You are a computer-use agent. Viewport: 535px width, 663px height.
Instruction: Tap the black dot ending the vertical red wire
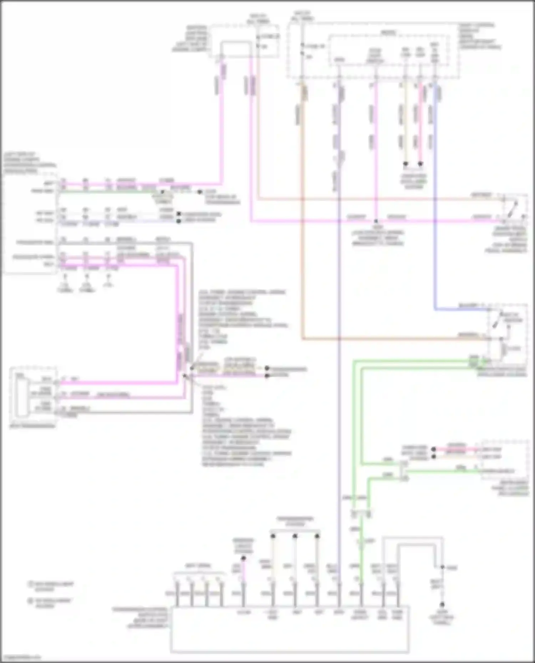pyautogui.click(x=420, y=164)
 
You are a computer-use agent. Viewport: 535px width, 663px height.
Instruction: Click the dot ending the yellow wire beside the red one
pyautogui.click(x=406, y=164)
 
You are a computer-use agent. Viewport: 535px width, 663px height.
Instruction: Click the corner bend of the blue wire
pyautogui.click(x=435, y=309)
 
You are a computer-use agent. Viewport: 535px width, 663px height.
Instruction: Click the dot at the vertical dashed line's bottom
pyautogui.click(x=442, y=604)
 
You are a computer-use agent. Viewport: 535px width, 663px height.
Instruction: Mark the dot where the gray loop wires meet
pyautogui.click(x=442, y=567)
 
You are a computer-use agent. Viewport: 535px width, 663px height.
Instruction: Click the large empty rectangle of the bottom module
pyautogui.click(x=289, y=638)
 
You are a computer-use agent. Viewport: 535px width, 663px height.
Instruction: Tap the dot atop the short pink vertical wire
pyautogui.click(x=244, y=558)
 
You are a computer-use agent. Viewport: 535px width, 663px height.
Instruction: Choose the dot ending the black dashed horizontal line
pyautogui.click(x=200, y=192)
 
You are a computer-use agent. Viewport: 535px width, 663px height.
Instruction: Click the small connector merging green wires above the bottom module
pyautogui.click(x=361, y=513)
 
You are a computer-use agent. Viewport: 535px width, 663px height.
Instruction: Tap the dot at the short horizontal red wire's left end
pyautogui.click(x=433, y=449)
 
